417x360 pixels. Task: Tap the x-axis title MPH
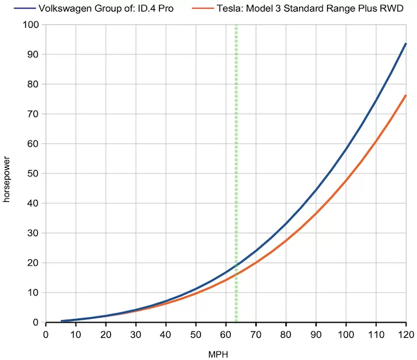coord(225,352)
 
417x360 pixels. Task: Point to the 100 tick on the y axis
coord(31,25)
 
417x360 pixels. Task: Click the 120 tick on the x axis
coord(406,334)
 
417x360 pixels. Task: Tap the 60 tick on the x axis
coord(225,334)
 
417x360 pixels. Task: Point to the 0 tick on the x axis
coord(46,334)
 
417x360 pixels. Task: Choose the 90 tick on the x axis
coord(316,334)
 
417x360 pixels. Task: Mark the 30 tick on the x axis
coord(136,334)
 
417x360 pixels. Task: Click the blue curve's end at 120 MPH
coord(406,44)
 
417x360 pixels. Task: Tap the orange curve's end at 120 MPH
coord(406,95)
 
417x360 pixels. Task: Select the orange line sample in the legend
coord(203,8)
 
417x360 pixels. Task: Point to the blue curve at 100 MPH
coord(346,149)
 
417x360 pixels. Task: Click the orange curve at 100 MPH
coord(346,180)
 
